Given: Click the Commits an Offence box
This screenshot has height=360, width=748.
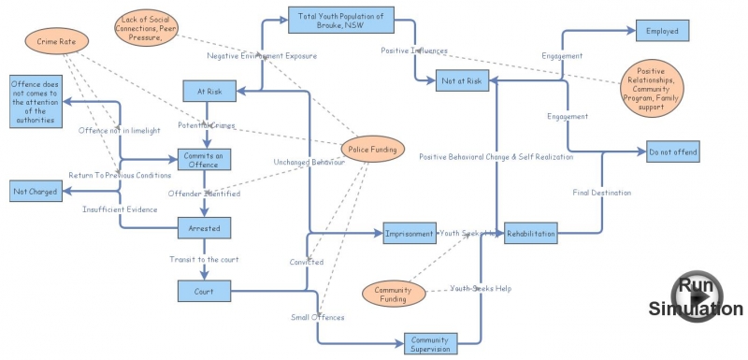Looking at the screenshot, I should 204,159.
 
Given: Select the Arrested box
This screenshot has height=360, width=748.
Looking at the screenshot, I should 204,226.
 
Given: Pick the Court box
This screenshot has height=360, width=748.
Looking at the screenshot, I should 204,292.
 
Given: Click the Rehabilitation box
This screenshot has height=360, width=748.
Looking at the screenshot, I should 530,233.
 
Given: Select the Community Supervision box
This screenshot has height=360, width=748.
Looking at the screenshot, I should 431,343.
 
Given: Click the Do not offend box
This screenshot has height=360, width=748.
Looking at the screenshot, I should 671,151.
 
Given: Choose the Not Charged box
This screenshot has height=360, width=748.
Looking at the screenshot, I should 35,192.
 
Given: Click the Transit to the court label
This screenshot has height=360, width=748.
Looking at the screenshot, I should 203,259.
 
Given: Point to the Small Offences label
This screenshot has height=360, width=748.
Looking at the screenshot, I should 317,317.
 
